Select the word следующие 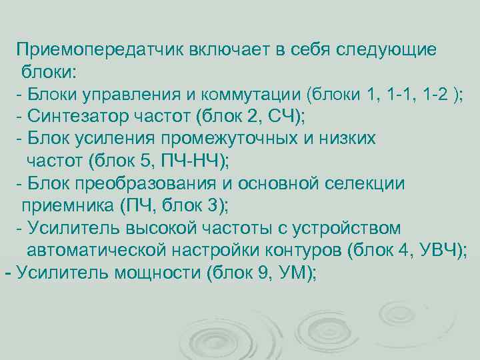click(x=387, y=49)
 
